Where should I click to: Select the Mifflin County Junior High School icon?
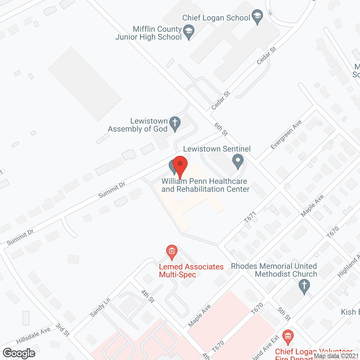point(188,31)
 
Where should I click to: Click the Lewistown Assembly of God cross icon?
point(175,123)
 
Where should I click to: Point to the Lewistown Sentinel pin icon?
point(238,161)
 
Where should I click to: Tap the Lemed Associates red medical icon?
point(172,251)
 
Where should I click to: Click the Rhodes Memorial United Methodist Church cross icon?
point(304,286)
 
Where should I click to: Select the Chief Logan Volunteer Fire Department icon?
point(288,337)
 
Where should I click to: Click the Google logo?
point(19,353)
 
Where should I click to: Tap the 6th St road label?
point(221,129)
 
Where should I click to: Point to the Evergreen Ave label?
point(286,134)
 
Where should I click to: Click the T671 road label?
point(250,217)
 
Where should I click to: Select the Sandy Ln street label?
point(100,307)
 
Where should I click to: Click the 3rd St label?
point(62,330)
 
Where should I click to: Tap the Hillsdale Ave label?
point(33,336)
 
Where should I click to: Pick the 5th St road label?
point(284,314)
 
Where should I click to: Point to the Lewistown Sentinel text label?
point(217,149)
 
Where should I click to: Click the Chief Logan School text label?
point(216,18)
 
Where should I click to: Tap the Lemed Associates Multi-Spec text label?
point(191,271)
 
